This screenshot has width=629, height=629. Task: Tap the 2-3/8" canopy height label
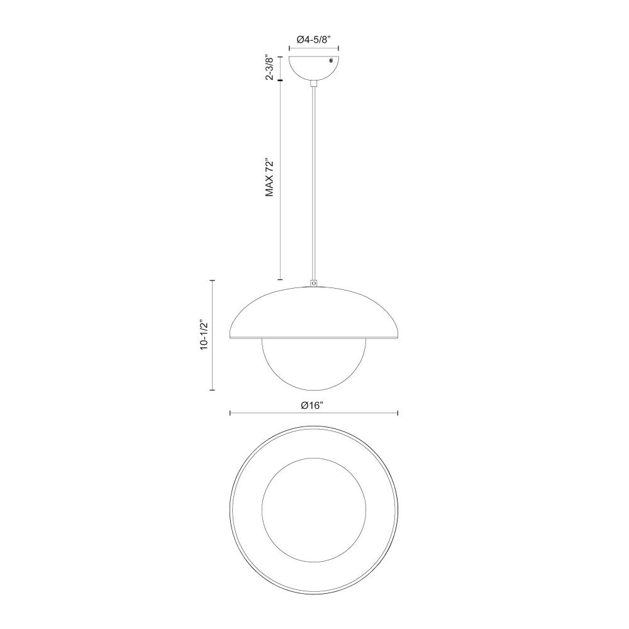click(270, 67)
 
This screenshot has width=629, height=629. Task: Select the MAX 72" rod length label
click(270, 178)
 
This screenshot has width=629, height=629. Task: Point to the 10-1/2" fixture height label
click(205, 335)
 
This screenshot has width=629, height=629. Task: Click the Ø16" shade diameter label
click(312, 406)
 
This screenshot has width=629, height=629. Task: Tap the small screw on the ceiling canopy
click(331, 60)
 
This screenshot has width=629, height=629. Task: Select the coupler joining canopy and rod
click(314, 84)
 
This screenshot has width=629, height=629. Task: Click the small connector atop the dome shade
click(314, 283)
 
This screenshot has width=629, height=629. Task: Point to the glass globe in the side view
click(314, 364)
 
